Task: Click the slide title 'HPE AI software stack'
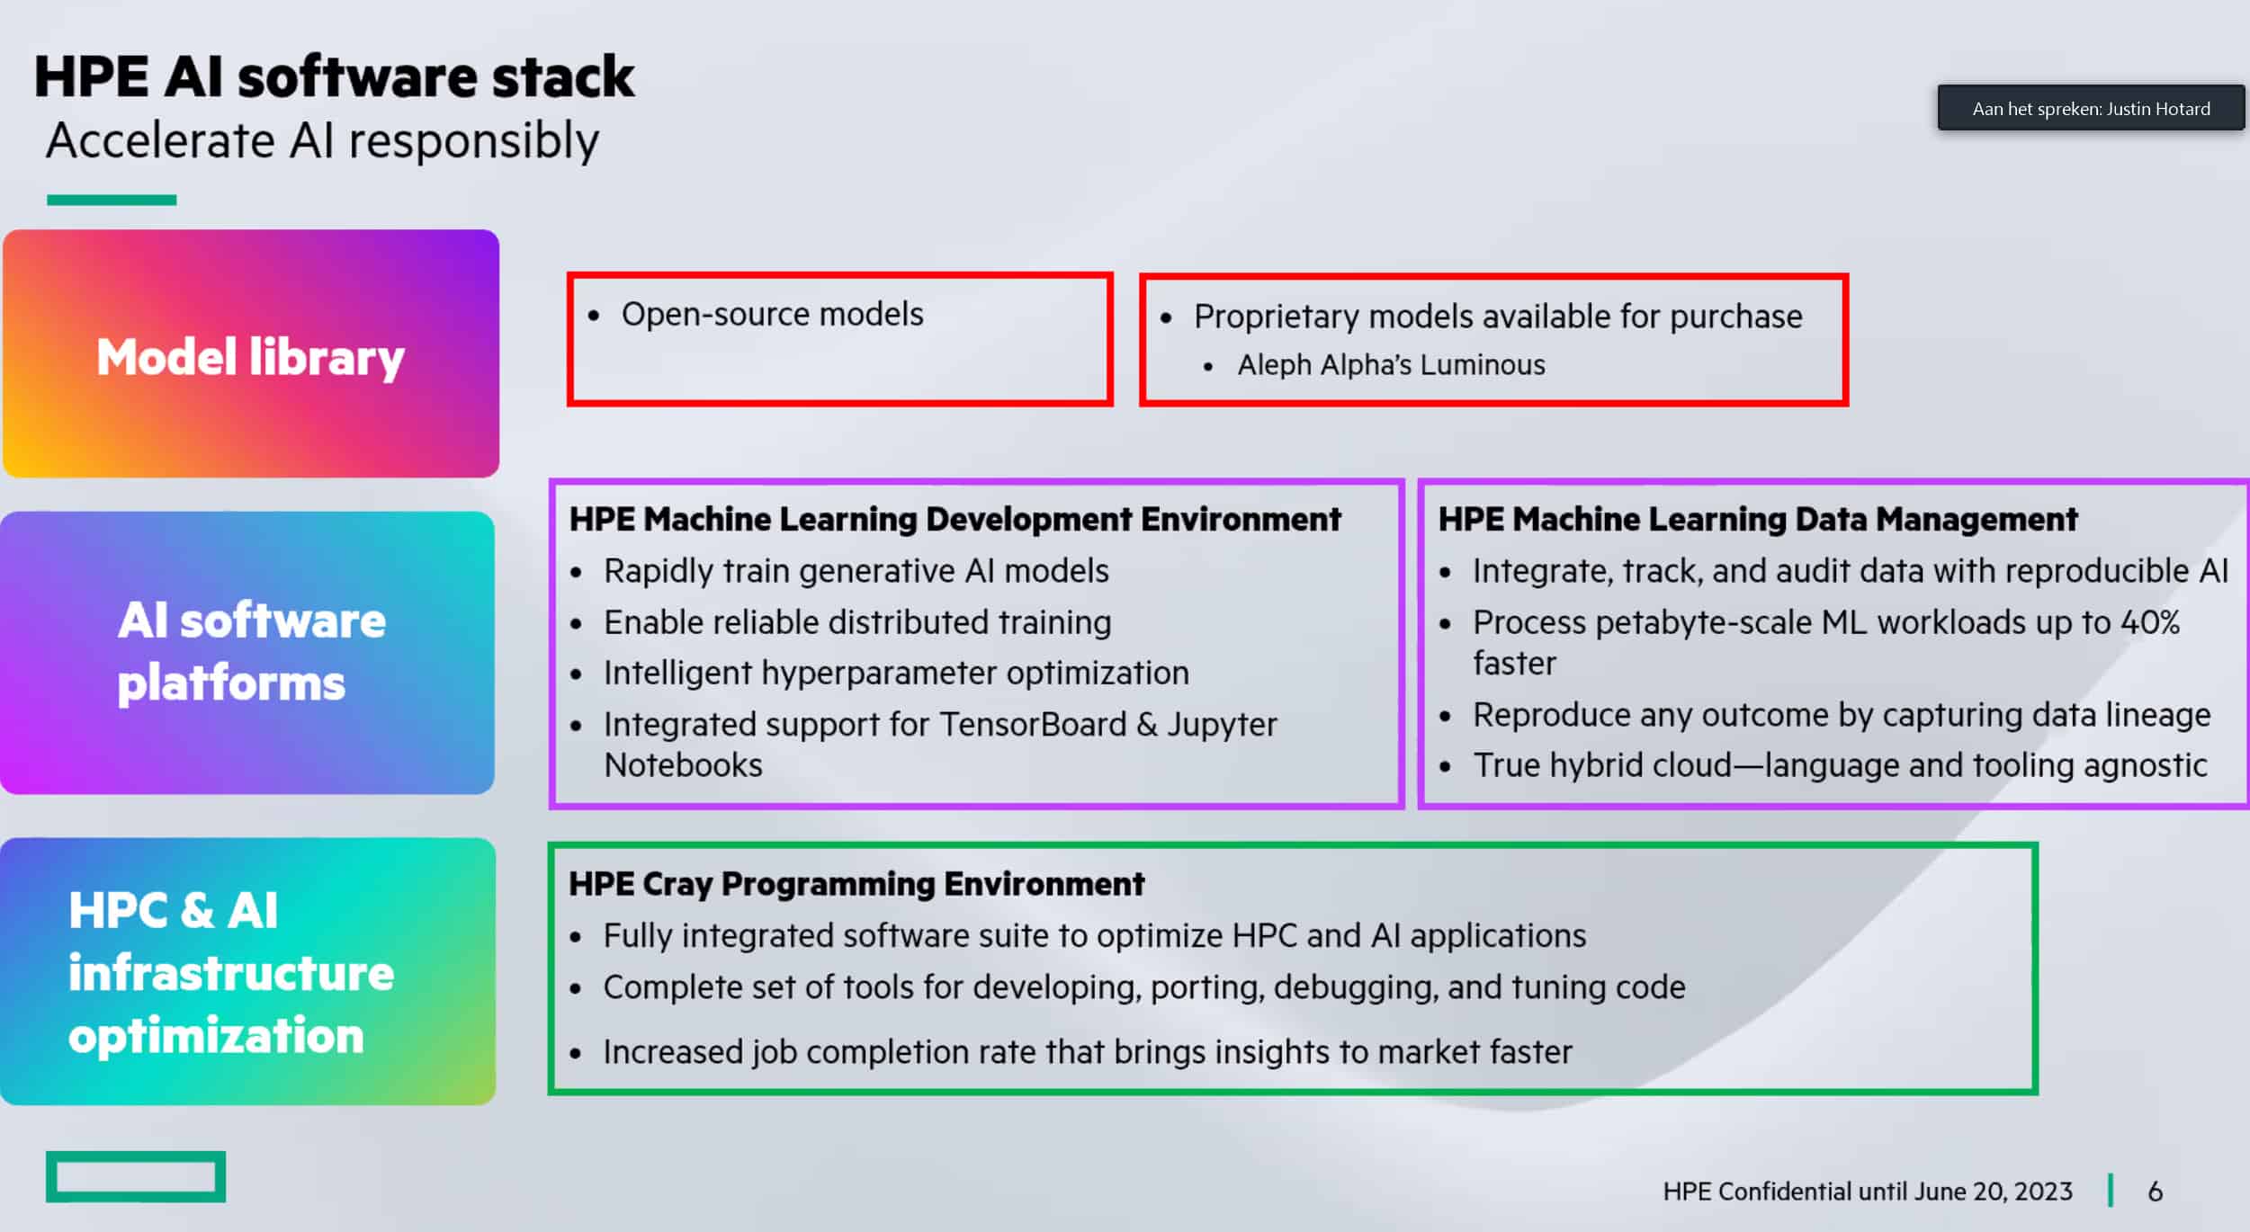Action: click(334, 77)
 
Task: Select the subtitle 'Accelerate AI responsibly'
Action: click(323, 142)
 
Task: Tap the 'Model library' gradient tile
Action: click(251, 353)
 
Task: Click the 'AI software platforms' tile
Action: click(247, 653)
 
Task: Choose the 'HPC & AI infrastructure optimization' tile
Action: click(247, 971)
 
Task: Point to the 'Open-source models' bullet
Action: click(772, 314)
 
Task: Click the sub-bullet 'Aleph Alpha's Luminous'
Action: click(1391, 365)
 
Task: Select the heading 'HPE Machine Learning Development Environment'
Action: click(955, 519)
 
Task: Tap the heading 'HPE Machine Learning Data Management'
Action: click(1758, 519)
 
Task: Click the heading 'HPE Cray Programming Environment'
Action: click(856, 884)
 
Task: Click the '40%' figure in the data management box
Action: click(2150, 622)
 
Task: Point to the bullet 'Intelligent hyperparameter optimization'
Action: click(896, 673)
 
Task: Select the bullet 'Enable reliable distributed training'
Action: click(857, 622)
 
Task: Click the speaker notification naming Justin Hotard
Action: click(2091, 108)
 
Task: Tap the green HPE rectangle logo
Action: click(136, 1176)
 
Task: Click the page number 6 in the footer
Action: click(2156, 1192)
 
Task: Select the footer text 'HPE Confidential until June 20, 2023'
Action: click(1868, 1192)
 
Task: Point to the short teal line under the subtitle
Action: click(112, 200)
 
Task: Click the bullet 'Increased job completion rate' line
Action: click(1088, 1052)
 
